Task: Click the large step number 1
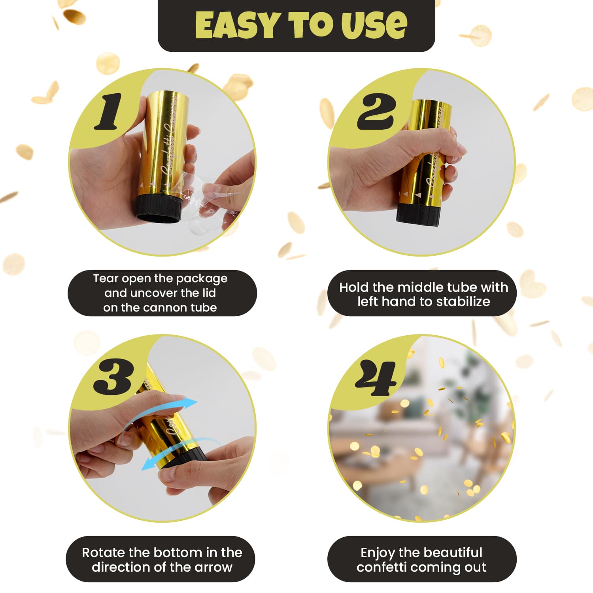pos(109,112)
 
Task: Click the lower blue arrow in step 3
pos(178,451)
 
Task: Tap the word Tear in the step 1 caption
pos(106,279)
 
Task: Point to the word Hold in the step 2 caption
pos(354,287)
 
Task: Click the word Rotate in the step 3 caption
pos(104,553)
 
